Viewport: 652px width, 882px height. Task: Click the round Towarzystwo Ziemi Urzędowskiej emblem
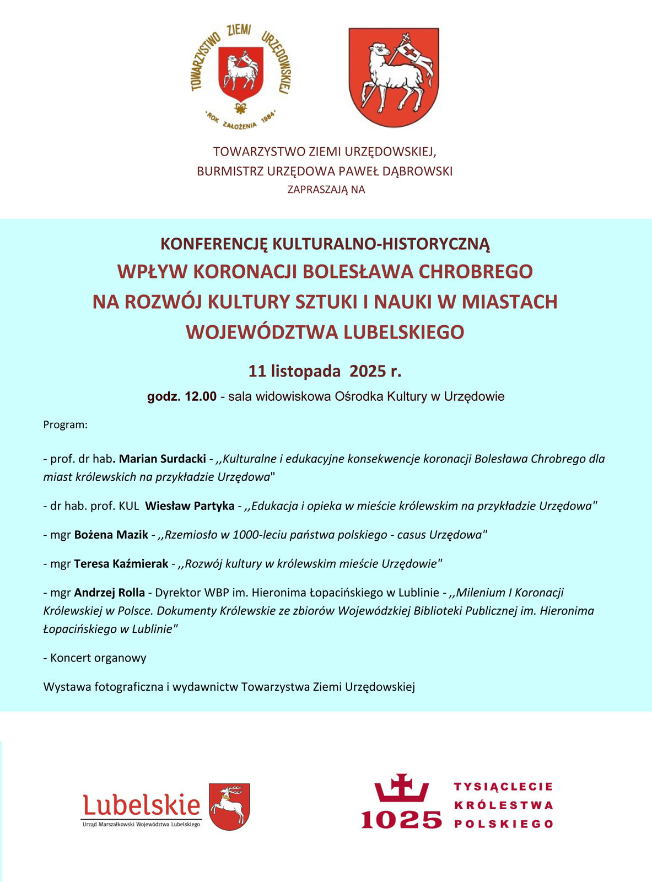click(241, 76)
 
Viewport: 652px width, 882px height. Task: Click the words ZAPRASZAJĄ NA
click(326, 190)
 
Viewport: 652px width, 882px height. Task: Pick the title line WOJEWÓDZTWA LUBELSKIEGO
click(325, 332)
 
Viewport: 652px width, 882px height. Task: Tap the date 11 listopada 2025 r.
click(325, 371)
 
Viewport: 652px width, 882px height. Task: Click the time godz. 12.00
click(182, 396)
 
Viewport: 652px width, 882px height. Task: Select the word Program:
click(66, 425)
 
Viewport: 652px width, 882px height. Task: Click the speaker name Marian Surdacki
click(162, 459)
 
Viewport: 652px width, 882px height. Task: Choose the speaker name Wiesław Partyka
click(190, 505)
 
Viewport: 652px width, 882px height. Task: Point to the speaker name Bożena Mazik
click(111, 535)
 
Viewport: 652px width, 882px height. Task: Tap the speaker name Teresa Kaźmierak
click(121, 564)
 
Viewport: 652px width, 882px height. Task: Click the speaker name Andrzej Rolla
click(109, 593)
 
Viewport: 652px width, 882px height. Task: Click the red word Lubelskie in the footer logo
click(142, 805)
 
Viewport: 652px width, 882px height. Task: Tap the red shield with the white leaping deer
click(230, 806)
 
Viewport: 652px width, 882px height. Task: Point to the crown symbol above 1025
click(402, 788)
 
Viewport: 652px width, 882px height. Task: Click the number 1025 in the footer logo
click(402, 820)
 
